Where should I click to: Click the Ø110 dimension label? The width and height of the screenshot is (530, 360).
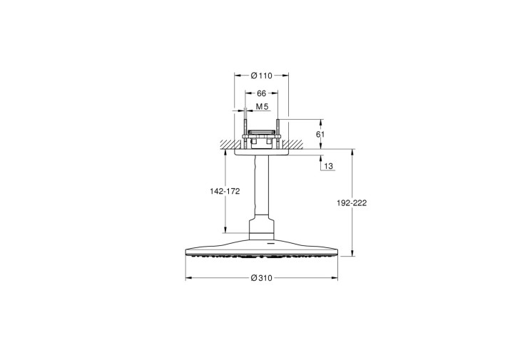click(x=261, y=76)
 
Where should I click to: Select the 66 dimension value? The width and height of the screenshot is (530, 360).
click(x=262, y=93)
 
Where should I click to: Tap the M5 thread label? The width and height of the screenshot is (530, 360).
click(x=262, y=107)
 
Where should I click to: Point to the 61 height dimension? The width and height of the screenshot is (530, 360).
click(x=320, y=134)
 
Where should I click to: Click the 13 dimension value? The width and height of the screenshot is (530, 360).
click(x=328, y=166)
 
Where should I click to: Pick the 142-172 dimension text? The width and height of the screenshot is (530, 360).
click(x=225, y=191)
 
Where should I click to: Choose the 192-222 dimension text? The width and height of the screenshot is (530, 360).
click(x=352, y=203)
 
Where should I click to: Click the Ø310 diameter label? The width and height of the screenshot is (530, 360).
click(x=261, y=278)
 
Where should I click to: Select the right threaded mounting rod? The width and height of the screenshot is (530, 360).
click(x=277, y=134)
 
